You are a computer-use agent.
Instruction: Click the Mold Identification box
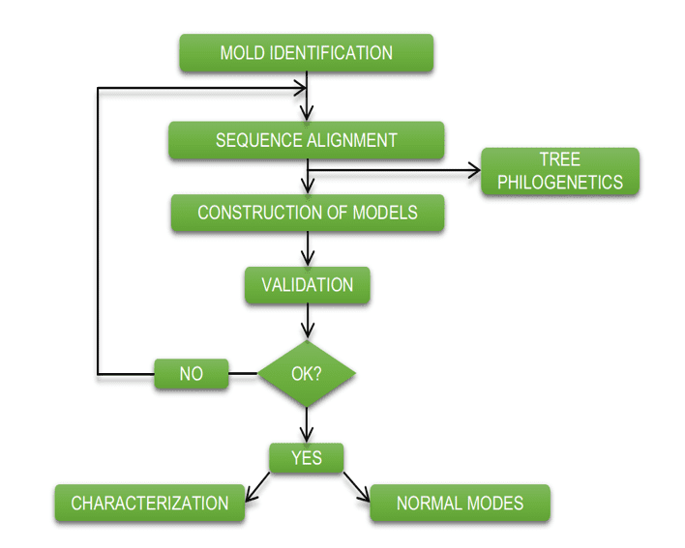point(307,53)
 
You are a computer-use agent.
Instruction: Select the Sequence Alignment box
point(307,140)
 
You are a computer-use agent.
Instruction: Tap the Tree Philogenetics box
point(560,171)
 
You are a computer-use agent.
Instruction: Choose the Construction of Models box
point(308,213)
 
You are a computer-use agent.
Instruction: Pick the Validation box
point(307,285)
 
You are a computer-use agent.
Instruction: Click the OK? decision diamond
point(307,373)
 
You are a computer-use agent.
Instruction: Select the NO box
point(192,373)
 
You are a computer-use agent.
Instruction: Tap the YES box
point(307,458)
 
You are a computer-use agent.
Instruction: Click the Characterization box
point(150,503)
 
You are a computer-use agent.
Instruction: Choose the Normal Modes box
point(460,503)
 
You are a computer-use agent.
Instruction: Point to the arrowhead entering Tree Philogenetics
point(475,170)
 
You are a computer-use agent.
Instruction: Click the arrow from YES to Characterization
point(257,487)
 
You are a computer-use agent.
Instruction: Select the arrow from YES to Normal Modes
point(356,487)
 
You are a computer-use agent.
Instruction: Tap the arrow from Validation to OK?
point(308,321)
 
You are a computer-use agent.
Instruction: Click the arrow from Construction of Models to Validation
point(308,248)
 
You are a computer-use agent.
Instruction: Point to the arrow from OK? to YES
point(307,425)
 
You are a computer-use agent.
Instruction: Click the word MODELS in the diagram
point(385,213)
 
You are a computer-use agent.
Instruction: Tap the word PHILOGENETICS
point(560,182)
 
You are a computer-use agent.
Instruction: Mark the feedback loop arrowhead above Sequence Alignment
point(302,88)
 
